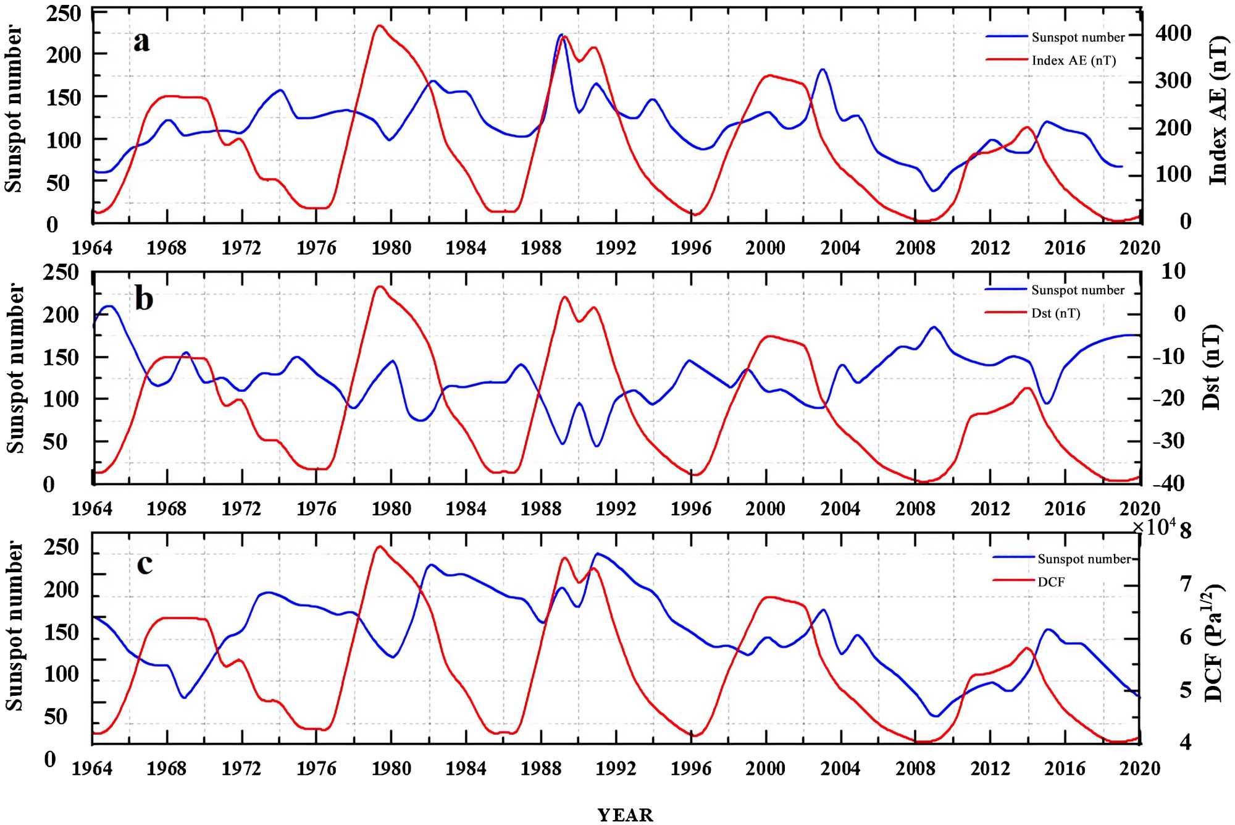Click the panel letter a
pyautogui.click(x=141, y=42)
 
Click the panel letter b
pyautogui.click(x=144, y=299)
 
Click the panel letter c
pyautogui.click(x=144, y=564)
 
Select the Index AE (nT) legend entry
pyautogui.click(x=1073, y=61)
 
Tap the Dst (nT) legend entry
pyautogui.click(x=1055, y=313)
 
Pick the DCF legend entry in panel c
pyautogui.click(x=1050, y=582)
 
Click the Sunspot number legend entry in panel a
pyautogui.click(x=1078, y=38)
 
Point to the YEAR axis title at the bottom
pyautogui.click(x=625, y=815)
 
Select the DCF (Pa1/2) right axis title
pyautogui.click(x=1213, y=643)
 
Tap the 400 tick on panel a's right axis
pyautogui.click(x=1173, y=33)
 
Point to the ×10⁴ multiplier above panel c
pyautogui.click(x=1153, y=527)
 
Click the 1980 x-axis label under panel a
pyautogui.click(x=391, y=248)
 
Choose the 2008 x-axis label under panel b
pyautogui.click(x=915, y=509)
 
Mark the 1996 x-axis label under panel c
pyautogui.click(x=690, y=769)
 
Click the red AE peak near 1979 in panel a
pyautogui.click(x=380, y=26)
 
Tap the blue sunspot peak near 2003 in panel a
pyautogui.click(x=823, y=69)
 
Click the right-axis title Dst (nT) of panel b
pyautogui.click(x=1212, y=367)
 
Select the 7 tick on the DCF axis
pyautogui.click(x=1185, y=584)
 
